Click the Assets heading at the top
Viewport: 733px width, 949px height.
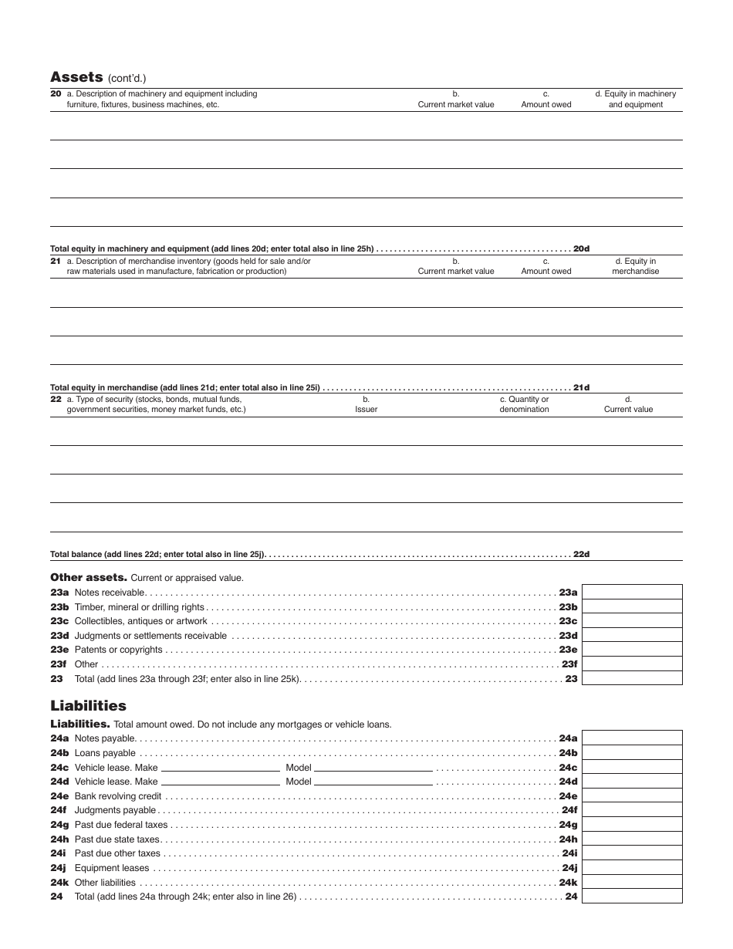[x=76, y=77]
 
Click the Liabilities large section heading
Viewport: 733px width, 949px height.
[x=88, y=706]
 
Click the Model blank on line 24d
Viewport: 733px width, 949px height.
[x=373, y=782]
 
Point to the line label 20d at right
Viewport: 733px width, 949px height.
[x=581, y=248]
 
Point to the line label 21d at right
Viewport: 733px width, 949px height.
[x=581, y=387]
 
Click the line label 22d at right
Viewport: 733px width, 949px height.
[x=581, y=554]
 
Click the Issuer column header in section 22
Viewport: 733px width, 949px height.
[x=366, y=409]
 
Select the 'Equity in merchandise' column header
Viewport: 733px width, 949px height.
[x=635, y=266]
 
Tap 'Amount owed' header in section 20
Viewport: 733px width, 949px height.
[x=546, y=104]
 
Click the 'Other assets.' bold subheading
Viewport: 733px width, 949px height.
[x=88, y=577]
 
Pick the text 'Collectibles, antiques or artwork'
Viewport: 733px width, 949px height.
[x=140, y=621]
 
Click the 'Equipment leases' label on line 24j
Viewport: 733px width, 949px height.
[x=112, y=868]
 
